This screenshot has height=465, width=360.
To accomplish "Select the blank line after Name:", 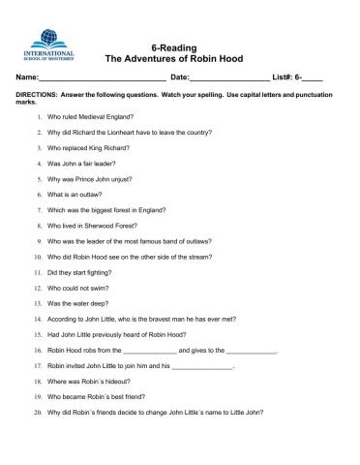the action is coord(102,77).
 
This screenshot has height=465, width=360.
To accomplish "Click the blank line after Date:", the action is coord(229,77).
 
